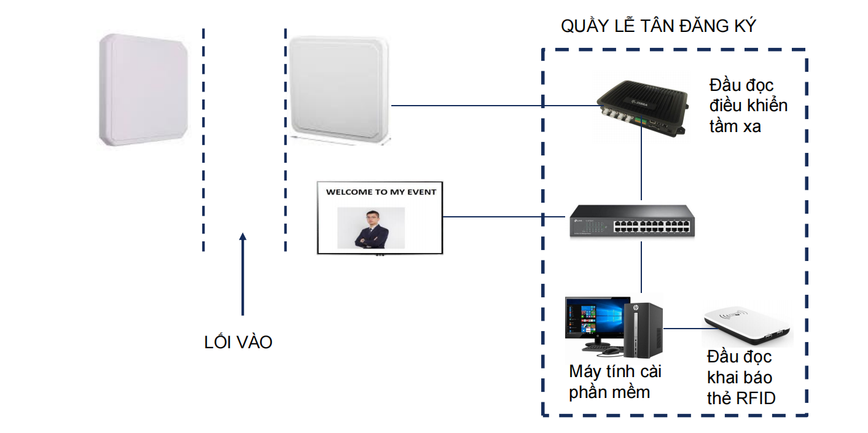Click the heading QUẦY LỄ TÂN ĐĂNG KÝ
coord(658,26)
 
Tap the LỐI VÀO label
coord(238,342)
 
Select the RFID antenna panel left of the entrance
coord(144,90)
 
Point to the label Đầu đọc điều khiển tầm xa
coord(748,106)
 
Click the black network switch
coord(633,220)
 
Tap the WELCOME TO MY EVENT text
coord(381,192)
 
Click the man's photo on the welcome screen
coord(371,228)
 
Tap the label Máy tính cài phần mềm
coord(615,381)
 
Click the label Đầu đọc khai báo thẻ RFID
coord(741,377)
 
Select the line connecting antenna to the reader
coord(491,106)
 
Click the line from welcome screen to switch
coord(504,216)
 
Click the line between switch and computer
coord(641,267)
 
